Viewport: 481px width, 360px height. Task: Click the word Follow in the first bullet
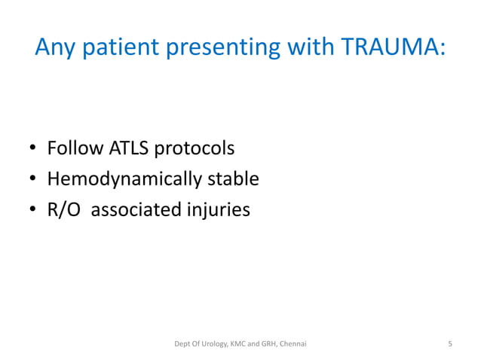[74, 148]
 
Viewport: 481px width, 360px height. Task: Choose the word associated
[136, 210]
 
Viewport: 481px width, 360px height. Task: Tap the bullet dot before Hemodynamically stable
[33, 180]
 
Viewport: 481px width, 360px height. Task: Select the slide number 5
[450, 344]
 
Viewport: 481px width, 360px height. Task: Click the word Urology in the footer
[219, 344]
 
